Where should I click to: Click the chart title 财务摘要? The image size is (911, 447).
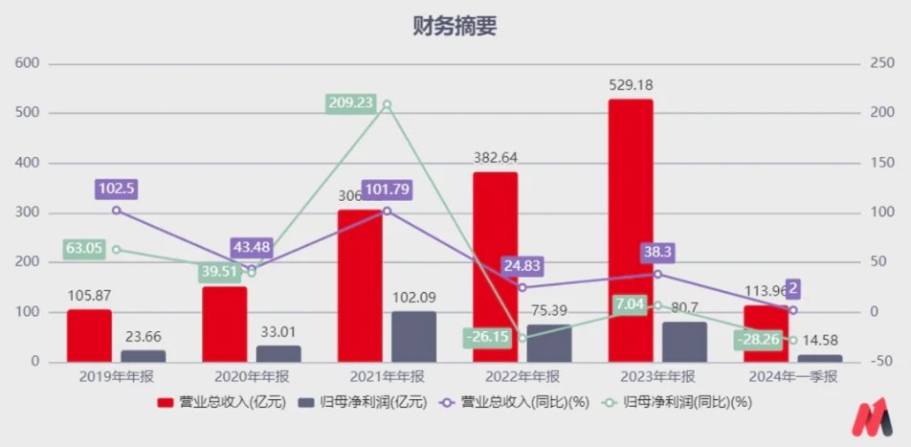pos(455,26)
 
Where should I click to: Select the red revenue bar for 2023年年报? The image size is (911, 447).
pos(631,230)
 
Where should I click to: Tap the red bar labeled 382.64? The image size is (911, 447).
pos(495,267)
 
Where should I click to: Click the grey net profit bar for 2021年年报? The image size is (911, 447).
pos(413,336)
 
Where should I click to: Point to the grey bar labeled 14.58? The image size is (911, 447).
pos(820,358)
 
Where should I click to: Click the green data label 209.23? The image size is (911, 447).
pos(350,103)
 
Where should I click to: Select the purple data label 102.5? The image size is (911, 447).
pos(117,189)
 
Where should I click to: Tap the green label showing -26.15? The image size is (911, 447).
pos(486,338)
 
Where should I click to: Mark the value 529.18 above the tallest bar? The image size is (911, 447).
pos(632,84)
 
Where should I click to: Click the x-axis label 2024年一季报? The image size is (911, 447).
pos(791,377)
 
